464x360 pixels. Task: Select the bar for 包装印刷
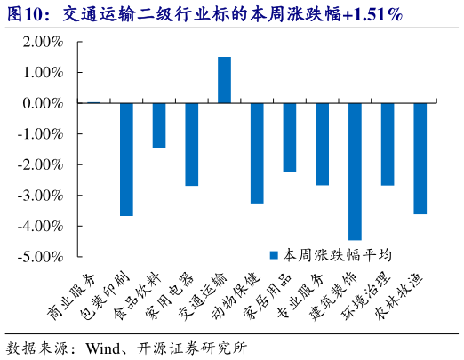coord(126,159)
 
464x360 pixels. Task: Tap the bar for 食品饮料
coord(159,125)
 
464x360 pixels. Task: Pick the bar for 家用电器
coord(191,144)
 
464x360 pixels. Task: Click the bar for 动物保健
coord(257,153)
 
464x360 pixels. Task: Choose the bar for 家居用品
coord(290,137)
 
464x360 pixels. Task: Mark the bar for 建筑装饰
coord(355,172)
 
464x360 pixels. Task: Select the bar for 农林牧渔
coord(420,158)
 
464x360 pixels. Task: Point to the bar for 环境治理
coord(388,144)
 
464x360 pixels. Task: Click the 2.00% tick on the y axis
coord(37,42)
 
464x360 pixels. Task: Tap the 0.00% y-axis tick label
coord(37,103)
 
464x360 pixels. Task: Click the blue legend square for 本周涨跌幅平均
coord(276,254)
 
